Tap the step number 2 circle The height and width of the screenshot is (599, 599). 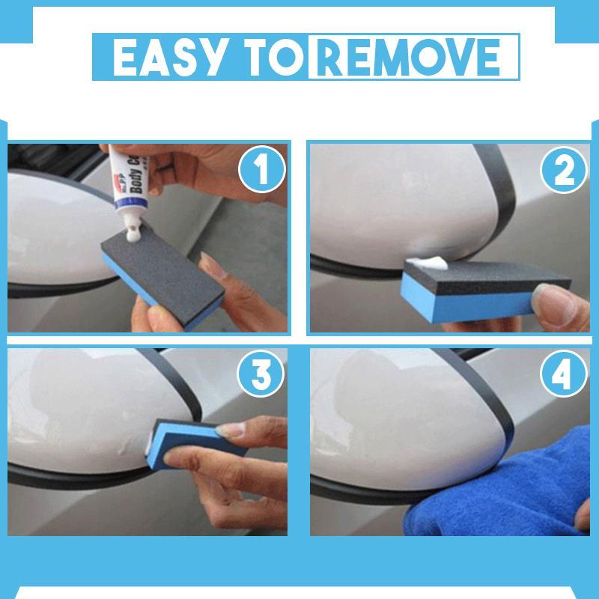(562, 172)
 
